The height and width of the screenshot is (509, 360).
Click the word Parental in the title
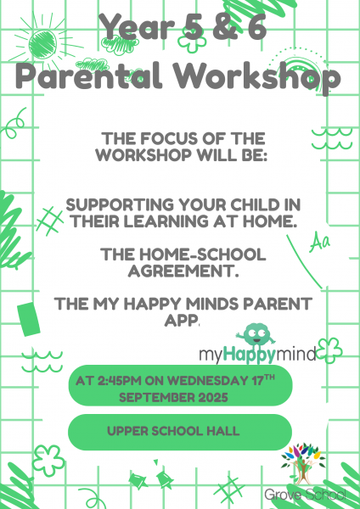tap(88, 76)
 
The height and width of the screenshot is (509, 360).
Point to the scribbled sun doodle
tap(43, 43)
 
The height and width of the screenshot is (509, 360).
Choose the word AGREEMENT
tap(183, 271)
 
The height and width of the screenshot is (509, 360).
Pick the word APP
tap(182, 321)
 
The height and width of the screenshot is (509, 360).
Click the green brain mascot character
tap(256, 336)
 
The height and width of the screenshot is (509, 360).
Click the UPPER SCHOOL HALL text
tap(173, 431)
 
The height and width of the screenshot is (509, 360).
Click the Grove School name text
tap(305, 495)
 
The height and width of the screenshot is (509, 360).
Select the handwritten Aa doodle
tap(319, 243)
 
